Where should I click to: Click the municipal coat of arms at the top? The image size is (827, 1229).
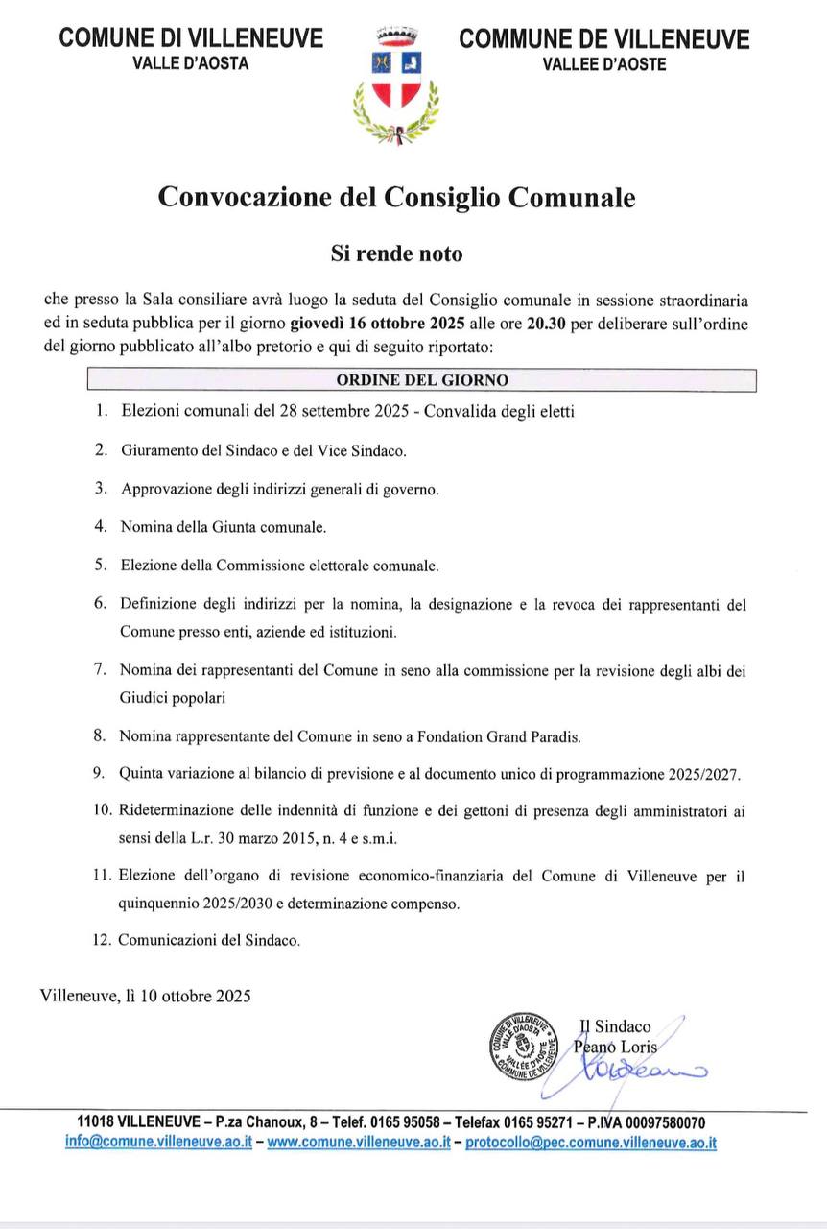click(396, 84)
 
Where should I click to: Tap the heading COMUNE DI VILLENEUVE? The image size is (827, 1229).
click(191, 39)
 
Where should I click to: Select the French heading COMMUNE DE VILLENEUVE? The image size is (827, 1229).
click(604, 39)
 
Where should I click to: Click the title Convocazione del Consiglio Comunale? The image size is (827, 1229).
click(396, 198)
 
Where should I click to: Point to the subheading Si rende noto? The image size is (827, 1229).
click(396, 254)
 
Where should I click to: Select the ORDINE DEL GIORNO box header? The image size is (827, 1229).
click(422, 380)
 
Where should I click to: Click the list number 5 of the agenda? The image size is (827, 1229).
click(100, 566)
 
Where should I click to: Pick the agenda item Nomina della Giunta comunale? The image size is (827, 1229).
click(224, 527)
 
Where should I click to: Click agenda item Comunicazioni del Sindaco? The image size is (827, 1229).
click(209, 940)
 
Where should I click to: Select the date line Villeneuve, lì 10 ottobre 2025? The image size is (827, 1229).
click(146, 996)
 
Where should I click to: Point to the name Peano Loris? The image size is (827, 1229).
click(617, 1048)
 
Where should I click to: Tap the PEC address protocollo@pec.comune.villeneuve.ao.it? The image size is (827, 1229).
click(591, 1143)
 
